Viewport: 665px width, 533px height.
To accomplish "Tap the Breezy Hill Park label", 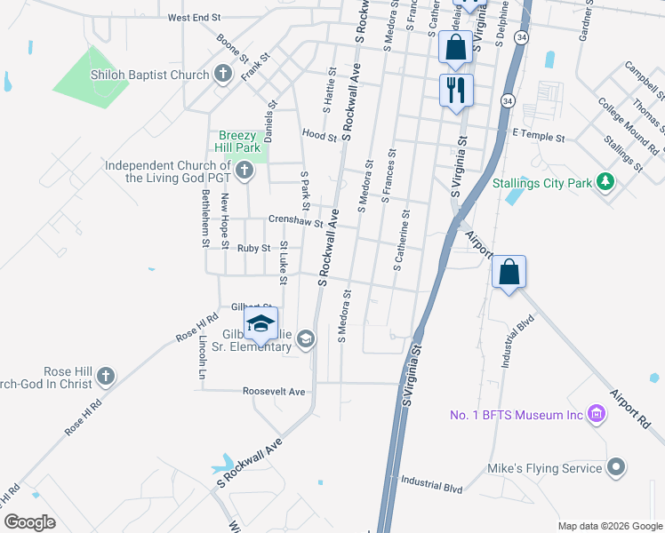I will pos(238,142).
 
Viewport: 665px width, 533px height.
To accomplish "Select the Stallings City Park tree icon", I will pos(605,183).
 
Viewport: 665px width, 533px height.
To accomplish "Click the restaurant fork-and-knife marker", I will pos(456,91).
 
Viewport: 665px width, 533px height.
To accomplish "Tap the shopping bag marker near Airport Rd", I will pos(509,272).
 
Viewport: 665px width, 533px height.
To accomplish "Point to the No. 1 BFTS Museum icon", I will pos(597,415).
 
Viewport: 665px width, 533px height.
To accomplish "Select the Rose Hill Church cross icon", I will pos(106,375).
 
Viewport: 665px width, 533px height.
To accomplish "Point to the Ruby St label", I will pos(253,249).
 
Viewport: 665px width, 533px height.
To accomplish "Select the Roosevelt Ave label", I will pos(274,392).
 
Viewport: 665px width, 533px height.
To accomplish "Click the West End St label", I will pos(194,17).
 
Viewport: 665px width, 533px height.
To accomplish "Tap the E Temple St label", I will pos(539,138).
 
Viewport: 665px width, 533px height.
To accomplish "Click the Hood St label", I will pos(319,136).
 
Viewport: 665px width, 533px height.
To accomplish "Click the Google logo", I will pos(31,522).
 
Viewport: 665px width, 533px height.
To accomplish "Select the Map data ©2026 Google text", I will pos(609,526).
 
